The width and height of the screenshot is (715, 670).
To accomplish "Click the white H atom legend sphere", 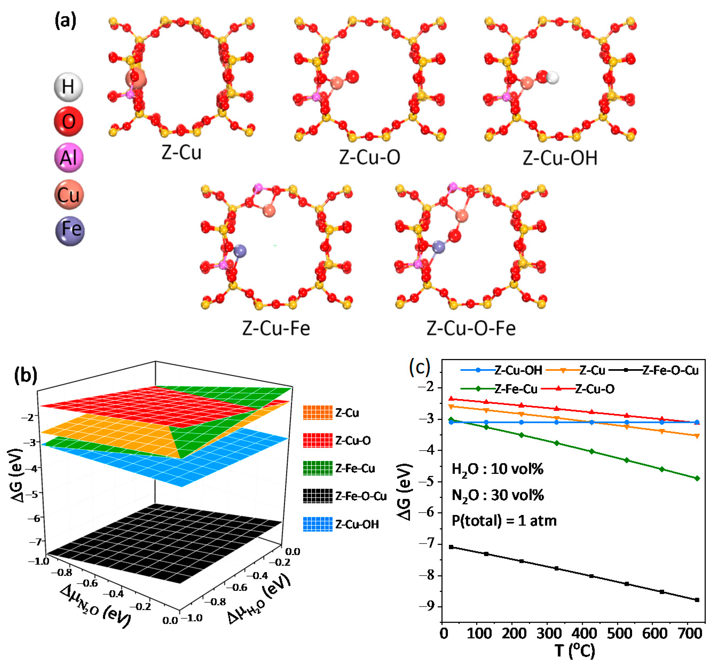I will (x=68, y=87).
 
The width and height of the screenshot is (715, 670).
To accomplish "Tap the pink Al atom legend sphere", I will (x=68, y=157).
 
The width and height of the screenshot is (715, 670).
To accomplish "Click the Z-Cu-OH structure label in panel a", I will (x=560, y=158).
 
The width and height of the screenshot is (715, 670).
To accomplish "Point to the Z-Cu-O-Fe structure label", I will (x=471, y=328).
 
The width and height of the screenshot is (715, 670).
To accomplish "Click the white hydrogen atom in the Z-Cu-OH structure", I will (x=553, y=78).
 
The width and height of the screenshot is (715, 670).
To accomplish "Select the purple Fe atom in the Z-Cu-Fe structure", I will (x=240, y=251).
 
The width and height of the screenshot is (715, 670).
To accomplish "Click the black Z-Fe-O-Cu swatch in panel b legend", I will (x=318, y=496).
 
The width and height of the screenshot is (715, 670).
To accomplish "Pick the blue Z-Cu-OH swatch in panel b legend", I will (x=318, y=524).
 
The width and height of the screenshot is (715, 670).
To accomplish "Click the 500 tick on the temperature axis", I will (x=619, y=643).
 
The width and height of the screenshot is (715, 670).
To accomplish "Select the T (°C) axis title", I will (x=574, y=660).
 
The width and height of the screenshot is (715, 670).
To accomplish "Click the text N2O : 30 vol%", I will (x=497, y=495).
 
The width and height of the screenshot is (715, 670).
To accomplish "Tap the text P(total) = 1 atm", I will (x=504, y=521).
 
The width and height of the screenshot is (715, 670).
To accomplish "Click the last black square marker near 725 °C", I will (x=697, y=600).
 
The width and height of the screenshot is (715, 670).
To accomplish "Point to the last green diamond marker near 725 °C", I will (x=697, y=478).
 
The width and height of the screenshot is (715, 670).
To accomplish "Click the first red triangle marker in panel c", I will (x=451, y=399).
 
